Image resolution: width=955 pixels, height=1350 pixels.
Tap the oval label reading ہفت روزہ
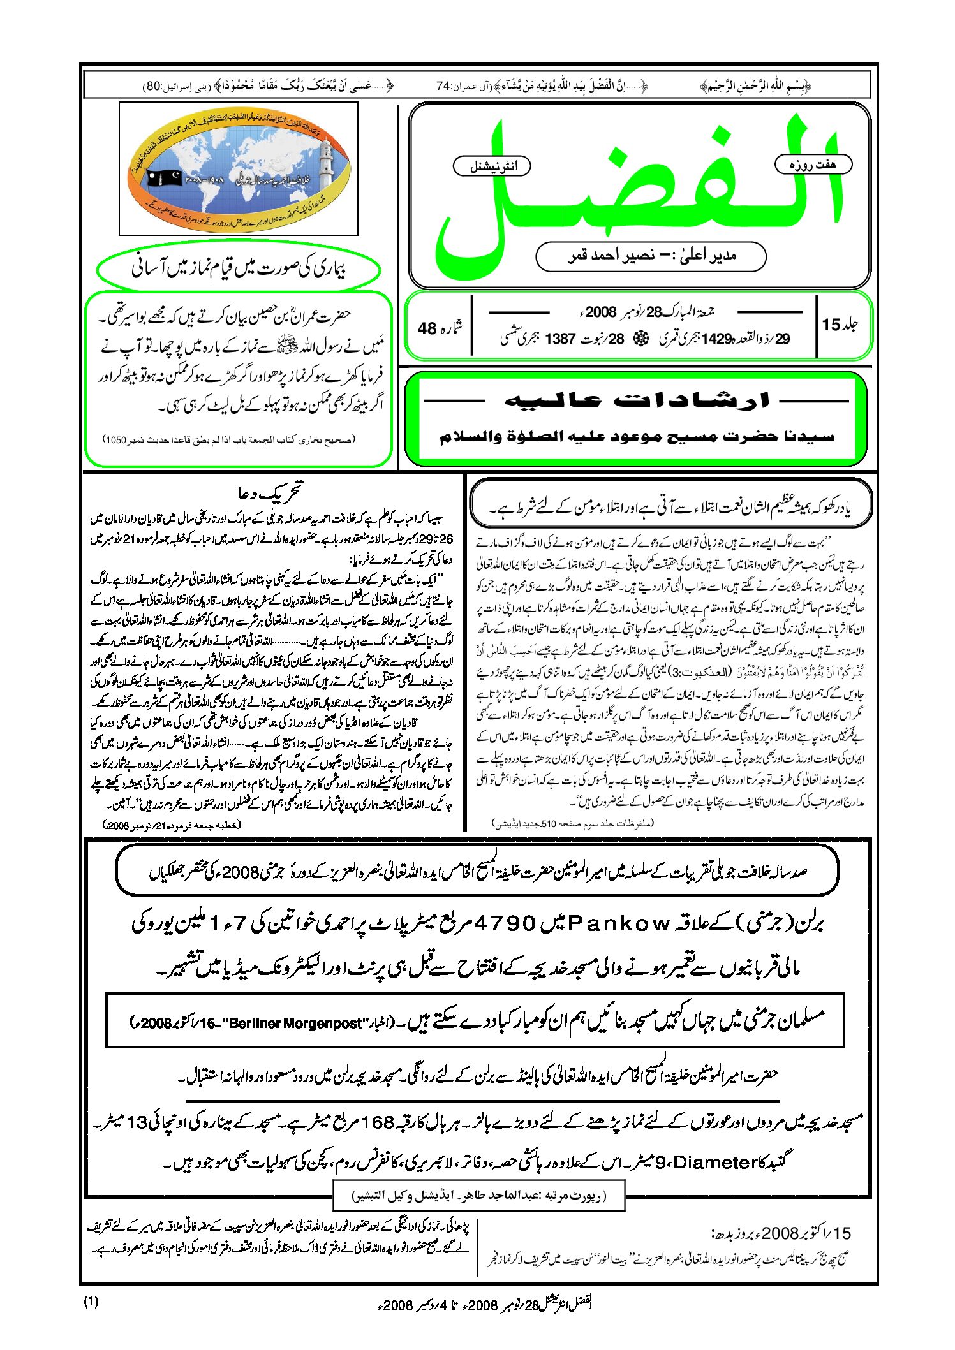813,165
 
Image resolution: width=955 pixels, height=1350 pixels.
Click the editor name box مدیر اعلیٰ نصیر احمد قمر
651,256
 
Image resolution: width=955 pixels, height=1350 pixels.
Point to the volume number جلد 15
840,325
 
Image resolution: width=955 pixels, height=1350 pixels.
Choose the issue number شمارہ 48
439,328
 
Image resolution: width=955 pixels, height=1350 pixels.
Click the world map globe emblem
239,169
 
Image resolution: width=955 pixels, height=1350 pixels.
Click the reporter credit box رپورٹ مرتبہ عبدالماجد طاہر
478,1196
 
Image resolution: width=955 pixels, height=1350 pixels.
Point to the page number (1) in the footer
91,1302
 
